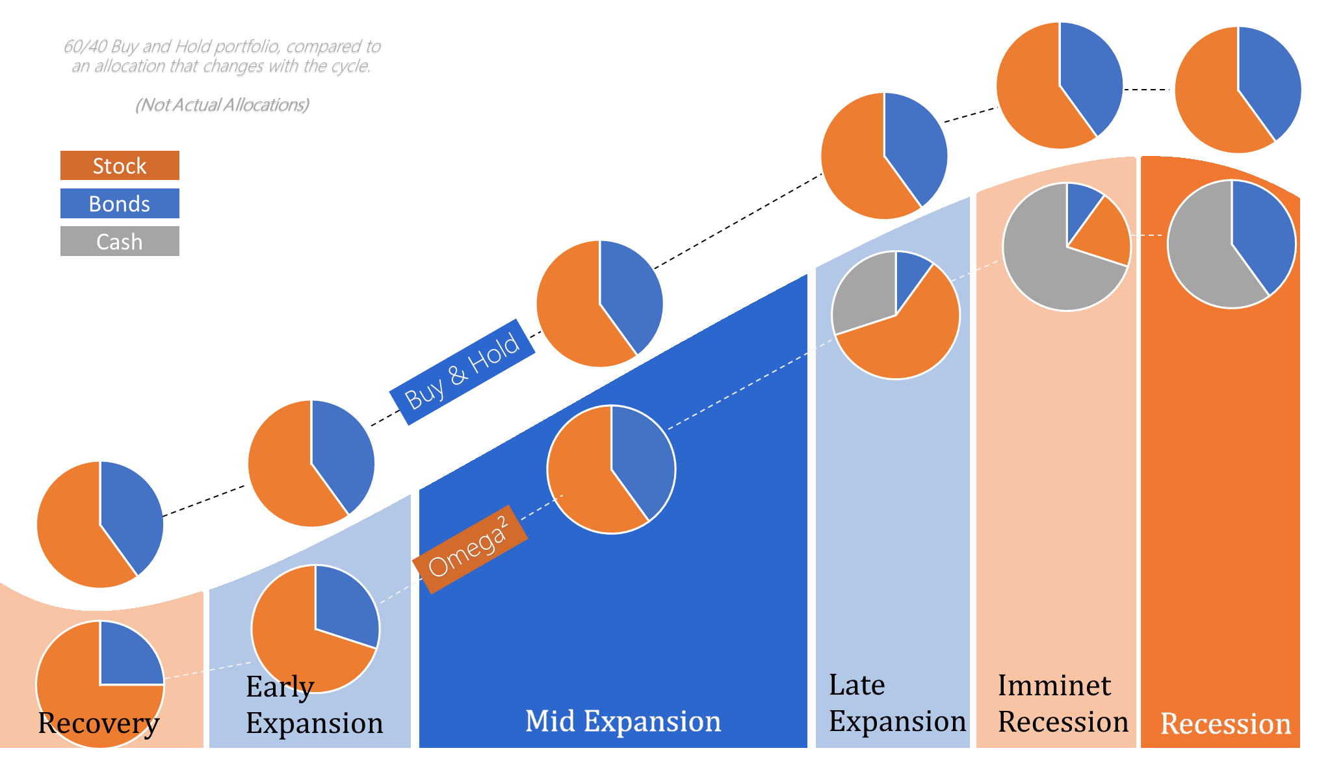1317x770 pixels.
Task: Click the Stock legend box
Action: tap(120, 166)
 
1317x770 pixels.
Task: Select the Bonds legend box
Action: tap(120, 203)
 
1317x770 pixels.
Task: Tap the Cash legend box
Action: tap(120, 241)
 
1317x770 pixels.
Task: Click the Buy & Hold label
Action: tap(462, 372)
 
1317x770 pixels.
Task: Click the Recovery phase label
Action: tap(98, 723)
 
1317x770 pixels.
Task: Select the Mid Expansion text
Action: tap(623, 721)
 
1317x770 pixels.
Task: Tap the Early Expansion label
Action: tap(314, 705)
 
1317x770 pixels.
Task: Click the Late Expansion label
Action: tap(897, 703)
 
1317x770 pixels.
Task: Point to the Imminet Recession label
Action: tap(1063, 704)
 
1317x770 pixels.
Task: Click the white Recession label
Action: tap(1225, 724)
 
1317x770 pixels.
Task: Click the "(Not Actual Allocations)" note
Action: tap(222, 105)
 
